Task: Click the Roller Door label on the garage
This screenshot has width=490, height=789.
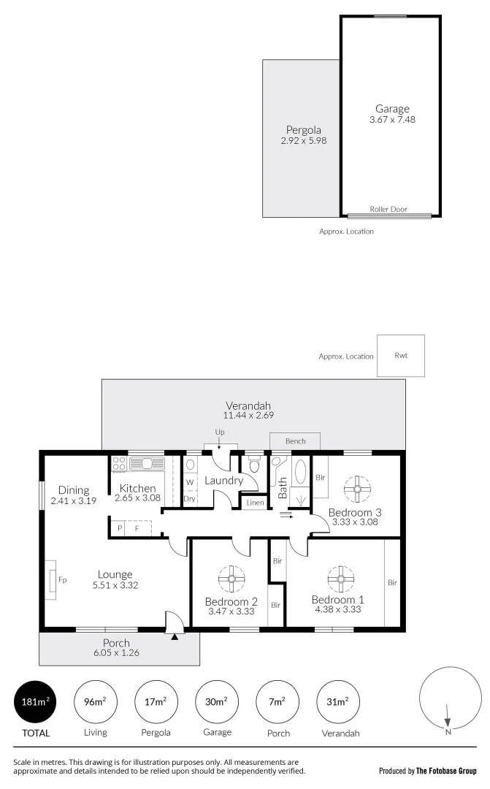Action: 388,210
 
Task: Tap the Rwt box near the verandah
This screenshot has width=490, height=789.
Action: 400,356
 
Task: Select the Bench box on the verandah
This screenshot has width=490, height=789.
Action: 295,441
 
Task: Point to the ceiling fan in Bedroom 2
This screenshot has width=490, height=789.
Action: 231,580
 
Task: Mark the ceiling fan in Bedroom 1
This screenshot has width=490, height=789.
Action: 340,580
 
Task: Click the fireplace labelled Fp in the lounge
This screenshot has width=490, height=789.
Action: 52,579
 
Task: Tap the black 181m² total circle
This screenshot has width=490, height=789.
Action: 36,703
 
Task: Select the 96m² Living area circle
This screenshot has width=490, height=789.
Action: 96,703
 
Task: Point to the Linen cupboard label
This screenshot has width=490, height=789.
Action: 256,503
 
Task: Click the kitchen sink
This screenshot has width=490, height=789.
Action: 150,462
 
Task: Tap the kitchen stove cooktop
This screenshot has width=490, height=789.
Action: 119,463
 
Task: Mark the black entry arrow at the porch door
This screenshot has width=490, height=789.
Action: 174,637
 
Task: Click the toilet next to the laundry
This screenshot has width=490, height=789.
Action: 253,465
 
